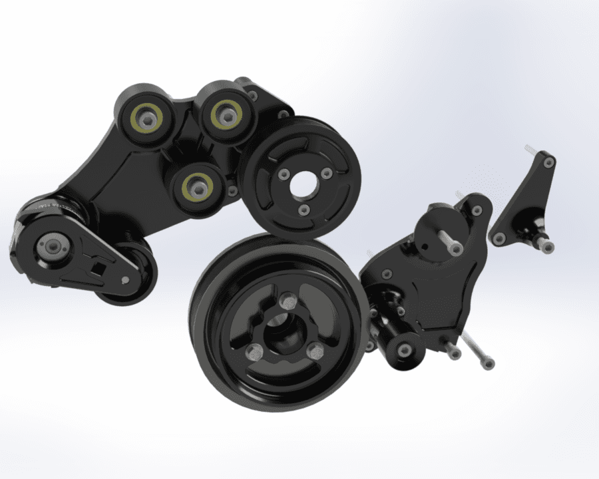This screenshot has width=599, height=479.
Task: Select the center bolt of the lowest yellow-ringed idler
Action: point(196,187)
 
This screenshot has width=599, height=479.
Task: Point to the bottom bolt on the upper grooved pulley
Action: point(304,210)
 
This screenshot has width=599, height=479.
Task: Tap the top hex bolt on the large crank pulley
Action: point(288,300)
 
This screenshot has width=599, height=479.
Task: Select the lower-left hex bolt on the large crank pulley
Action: point(253,351)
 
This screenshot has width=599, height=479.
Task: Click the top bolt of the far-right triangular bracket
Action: point(548,162)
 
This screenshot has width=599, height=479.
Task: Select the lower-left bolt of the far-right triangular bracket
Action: point(499,237)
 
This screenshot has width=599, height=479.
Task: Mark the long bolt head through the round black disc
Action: point(455,248)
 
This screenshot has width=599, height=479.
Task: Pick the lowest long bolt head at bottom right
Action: point(488,363)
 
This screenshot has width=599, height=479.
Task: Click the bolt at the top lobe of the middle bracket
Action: point(477,210)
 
